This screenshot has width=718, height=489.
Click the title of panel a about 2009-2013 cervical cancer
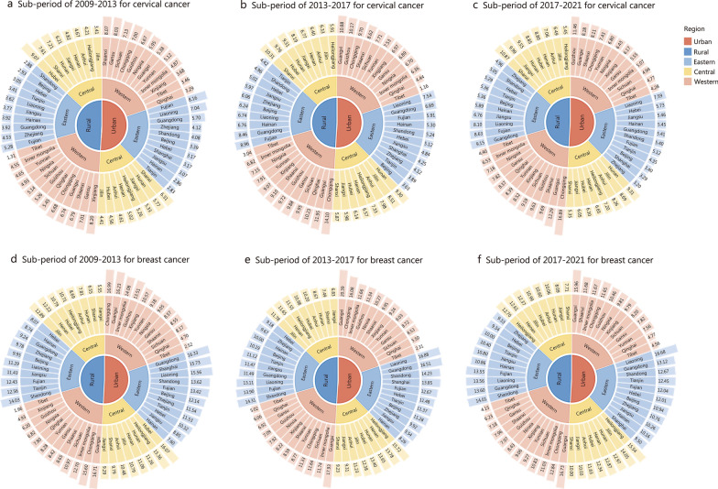click(106, 7)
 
